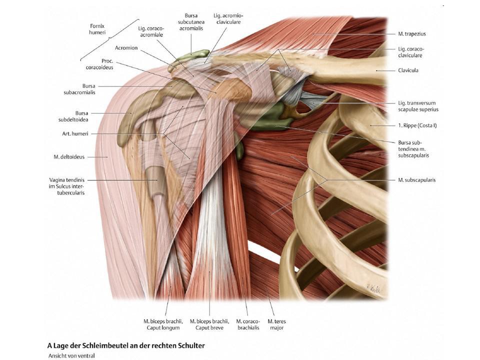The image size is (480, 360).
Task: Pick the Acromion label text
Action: click(126, 48)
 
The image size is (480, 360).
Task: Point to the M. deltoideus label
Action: click(69, 157)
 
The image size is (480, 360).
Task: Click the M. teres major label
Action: click(276, 324)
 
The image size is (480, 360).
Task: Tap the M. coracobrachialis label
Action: click(246, 324)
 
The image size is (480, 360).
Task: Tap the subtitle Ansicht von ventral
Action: click(71, 355)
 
